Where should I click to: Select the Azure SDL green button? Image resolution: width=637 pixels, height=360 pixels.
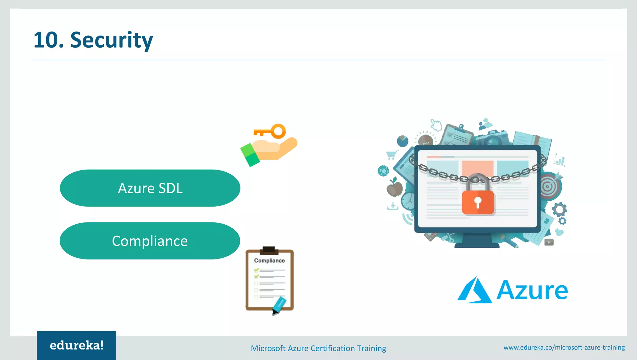point(150,188)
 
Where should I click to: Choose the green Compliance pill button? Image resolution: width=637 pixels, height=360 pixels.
point(150,241)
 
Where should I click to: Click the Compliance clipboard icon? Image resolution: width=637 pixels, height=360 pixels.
point(269,279)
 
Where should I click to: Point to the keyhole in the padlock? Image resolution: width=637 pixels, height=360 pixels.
point(478,202)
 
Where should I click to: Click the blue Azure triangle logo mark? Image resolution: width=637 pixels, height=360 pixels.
point(474,290)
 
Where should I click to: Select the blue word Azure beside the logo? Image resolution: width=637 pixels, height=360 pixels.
point(532,290)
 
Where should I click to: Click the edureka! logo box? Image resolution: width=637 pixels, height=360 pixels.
point(77,345)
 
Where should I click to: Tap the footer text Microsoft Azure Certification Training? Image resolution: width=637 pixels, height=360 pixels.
point(318,348)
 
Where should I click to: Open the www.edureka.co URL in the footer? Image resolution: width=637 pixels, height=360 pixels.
point(564,347)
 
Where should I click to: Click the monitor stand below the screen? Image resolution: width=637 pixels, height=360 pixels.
point(477,241)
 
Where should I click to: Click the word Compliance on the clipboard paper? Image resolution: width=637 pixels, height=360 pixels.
point(269,260)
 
